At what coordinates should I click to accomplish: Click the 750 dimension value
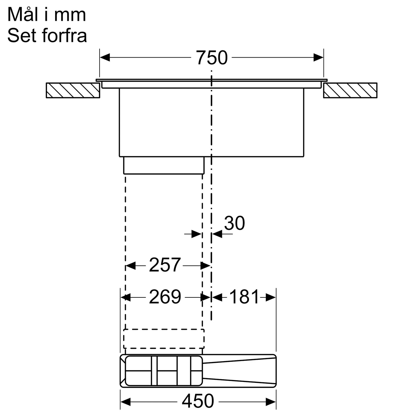coord(212,58)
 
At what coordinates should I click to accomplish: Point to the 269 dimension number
coord(165,297)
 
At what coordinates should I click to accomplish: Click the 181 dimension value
coord(244,297)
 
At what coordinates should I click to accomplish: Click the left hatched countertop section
coord(73,90)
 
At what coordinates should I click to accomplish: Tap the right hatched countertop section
coord(350,90)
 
